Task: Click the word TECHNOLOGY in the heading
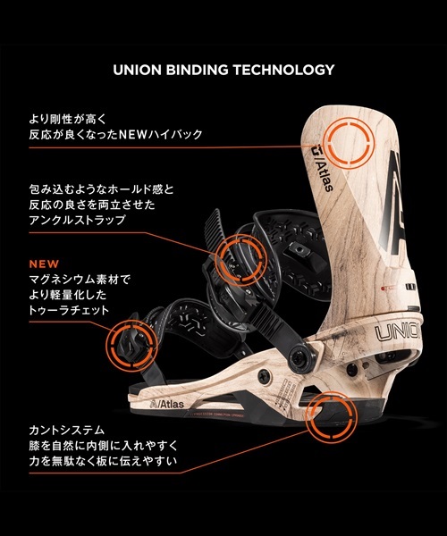pyautogui.click(x=284, y=70)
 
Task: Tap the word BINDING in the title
pyautogui.click(x=197, y=70)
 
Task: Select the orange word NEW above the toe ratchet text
pyautogui.click(x=44, y=264)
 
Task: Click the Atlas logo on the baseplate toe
pyautogui.click(x=167, y=404)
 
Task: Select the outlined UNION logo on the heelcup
pyautogui.click(x=398, y=331)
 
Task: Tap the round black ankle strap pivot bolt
pyautogui.click(x=302, y=356)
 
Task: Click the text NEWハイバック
pyautogui.click(x=160, y=134)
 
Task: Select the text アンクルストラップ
pyautogui.click(x=77, y=220)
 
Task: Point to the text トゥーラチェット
pyautogui.click(x=69, y=310)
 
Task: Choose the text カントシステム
pyautogui.click(x=67, y=430)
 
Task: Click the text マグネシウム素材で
pyautogui.click(x=80, y=280)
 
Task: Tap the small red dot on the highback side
pyautogui.click(x=383, y=289)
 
